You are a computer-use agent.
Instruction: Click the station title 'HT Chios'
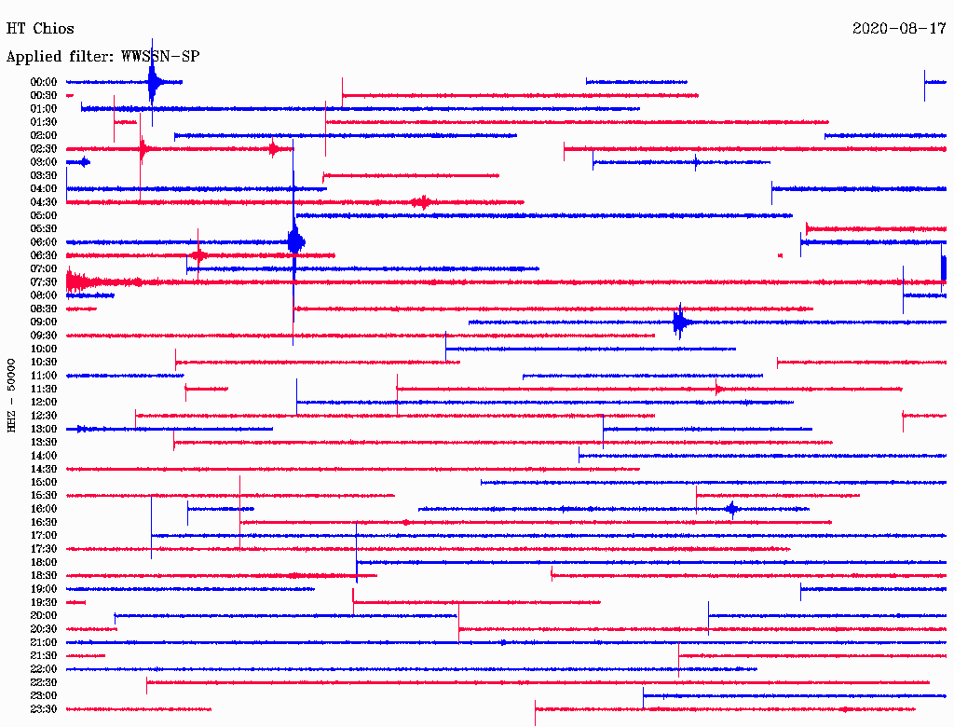click(x=40, y=29)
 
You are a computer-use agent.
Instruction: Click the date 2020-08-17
click(x=899, y=29)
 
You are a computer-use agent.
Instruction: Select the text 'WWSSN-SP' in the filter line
click(x=160, y=57)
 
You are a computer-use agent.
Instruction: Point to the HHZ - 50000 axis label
click(x=11, y=395)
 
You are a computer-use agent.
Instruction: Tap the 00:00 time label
click(x=44, y=82)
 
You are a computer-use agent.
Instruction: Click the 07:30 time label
click(x=44, y=282)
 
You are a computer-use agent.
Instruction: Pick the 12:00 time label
click(x=44, y=403)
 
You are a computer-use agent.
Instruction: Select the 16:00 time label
click(x=44, y=509)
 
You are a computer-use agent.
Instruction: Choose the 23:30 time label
click(x=44, y=709)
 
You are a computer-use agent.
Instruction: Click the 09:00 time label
click(x=44, y=322)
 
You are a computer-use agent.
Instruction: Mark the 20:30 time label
click(x=44, y=629)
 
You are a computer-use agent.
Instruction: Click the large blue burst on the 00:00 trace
click(x=154, y=82)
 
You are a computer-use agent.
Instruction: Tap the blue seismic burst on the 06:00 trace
click(x=295, y=242)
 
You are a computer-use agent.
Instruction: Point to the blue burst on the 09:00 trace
click(x=679, y=322)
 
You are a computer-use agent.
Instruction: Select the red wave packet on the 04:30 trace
click(x=422, y=202)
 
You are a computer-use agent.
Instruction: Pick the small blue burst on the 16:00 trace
click(x=732, y=509)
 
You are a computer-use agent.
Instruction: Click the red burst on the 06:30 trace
click(x=198, y=255)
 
